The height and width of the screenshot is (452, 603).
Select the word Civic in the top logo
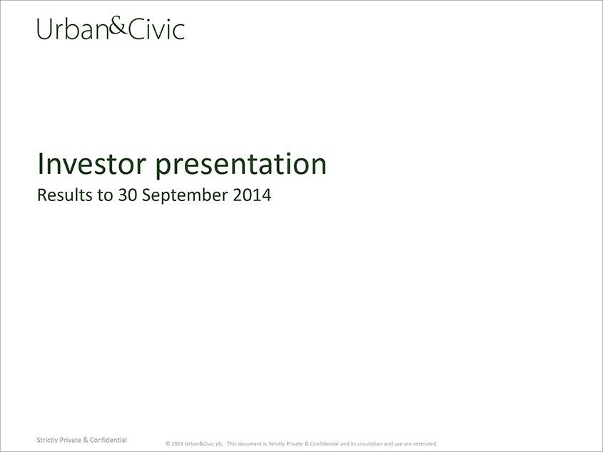156,30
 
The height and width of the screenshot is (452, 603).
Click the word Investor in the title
91,164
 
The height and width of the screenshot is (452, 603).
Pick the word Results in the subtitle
65,195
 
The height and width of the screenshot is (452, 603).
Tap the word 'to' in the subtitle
106,195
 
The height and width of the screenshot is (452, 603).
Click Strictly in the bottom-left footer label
47,440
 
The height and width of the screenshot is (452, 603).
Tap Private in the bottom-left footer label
71,440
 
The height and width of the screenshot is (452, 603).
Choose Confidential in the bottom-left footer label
108,440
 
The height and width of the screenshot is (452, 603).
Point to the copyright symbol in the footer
168,443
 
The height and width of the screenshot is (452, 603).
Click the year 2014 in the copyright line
177,443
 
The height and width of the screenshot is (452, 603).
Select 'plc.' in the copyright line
220,444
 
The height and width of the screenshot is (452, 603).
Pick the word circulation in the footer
371,443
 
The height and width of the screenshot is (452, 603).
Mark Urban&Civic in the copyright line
200,443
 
